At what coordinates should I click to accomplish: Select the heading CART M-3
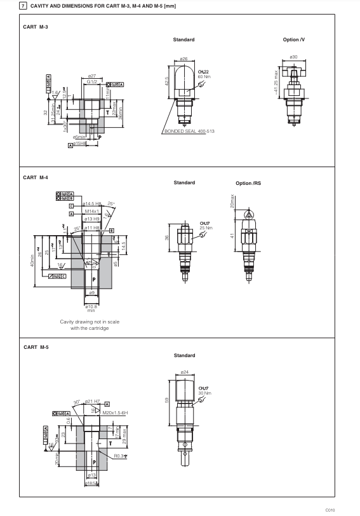pyautogui.click(x=36, y=27)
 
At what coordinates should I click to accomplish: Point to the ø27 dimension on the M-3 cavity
pyautogui.click(x=91, y=76)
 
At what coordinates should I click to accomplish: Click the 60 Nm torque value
pyautogui.click(x=204, y=76)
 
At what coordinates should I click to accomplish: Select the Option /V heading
pyautogui.click(x=294, y=39)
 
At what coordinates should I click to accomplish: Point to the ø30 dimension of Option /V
pyautogui.click(x=293, y=57)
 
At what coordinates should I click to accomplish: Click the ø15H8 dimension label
pyautogui.click(x=81, y=144)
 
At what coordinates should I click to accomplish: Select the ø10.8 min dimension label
pyautogui.click(x=91, y=308)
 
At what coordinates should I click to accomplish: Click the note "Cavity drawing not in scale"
pyautogui.click(x=89, y=322)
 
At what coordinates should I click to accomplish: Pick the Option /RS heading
pyautogui.click(x=248, y=183)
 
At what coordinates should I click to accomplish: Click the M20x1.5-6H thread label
pyautogui.click(x=114, y=412)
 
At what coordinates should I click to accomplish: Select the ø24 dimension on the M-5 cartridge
pyautogui.click(x=185, y=371)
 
